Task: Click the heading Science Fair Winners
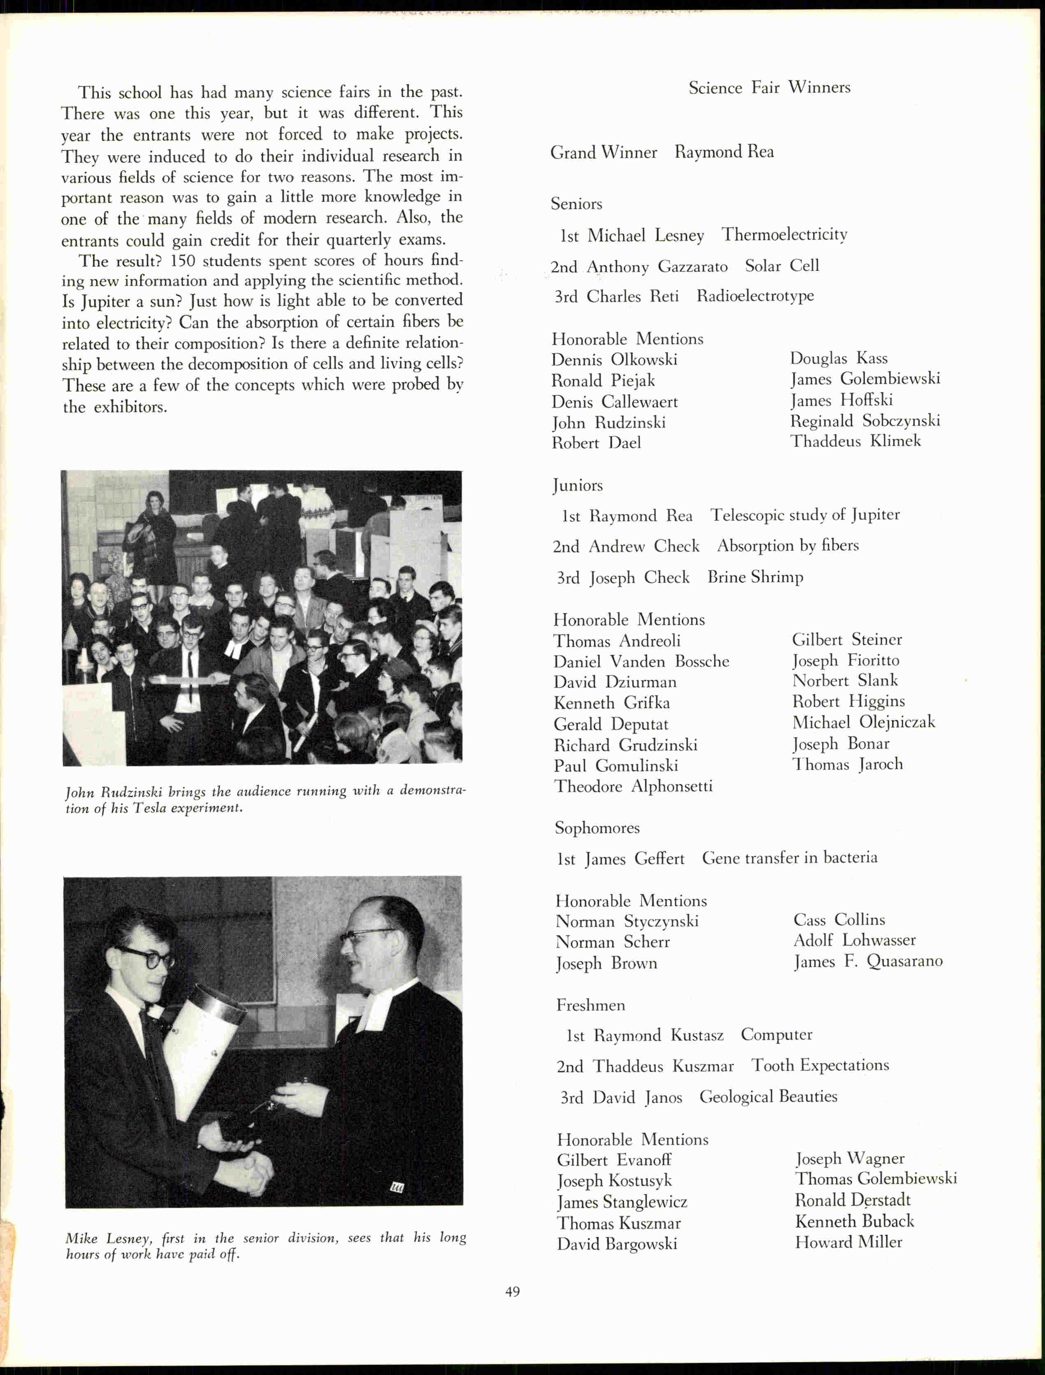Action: click(x=769, y=88)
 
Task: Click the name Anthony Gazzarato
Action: click(x=657, y=267)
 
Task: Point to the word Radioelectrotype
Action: click(x=755, y=296)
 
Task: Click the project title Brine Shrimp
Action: click(x=755, y=577)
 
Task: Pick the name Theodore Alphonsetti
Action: click(x=633, y=786)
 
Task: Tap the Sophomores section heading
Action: click(x=597, y=828)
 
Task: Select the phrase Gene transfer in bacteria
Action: click(x=790, y=857)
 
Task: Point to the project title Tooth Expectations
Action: click(x=820, y=1065)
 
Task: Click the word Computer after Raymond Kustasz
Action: click(x=776, y=1035)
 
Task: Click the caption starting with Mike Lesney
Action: click(x=266, y=1246)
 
